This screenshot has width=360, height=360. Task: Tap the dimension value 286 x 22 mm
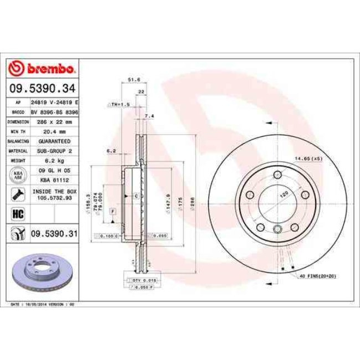coord(55,122)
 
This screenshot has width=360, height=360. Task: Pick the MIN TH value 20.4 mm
coord(54,131)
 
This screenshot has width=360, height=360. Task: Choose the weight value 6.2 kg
coord(54,161)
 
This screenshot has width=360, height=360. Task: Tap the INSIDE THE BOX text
coord(54,191)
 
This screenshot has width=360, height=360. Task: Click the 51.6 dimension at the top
coord(133,80)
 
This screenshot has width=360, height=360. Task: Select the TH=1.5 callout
coord(120,104)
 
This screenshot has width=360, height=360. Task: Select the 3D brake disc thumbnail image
coord(40,273)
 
